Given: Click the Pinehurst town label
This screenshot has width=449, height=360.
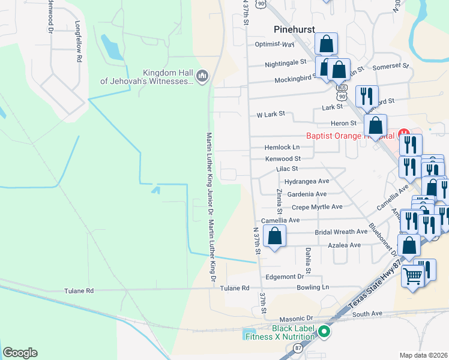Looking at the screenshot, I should click(295, 28).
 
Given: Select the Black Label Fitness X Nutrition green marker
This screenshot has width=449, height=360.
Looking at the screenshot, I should click(325, 331).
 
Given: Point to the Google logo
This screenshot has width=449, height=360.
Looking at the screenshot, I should click(20, 353).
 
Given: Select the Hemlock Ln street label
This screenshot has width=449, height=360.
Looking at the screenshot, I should click(282, 147).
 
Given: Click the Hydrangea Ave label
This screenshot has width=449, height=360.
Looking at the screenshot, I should click(307, 181).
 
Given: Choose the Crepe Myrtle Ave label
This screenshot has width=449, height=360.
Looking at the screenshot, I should click(316, 207).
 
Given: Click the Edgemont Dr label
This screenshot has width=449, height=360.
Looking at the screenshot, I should click(285, 277).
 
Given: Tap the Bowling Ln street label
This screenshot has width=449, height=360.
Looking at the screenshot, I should click(313, 287).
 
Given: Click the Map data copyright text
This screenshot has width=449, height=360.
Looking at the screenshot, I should click(423, 355).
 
